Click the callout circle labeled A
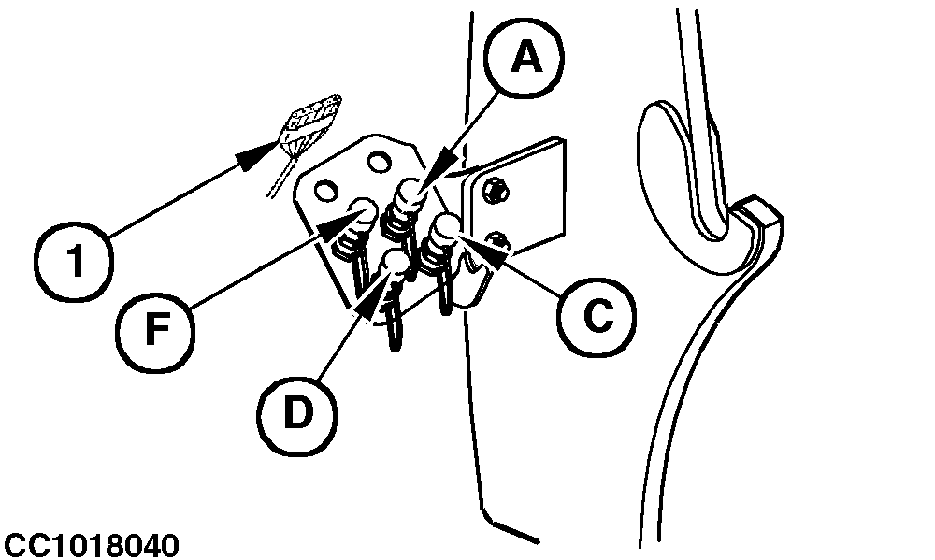tap(525, 60)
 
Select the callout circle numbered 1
tap(73, 261)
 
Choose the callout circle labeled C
tap(597, 315)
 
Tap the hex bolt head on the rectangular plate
tap(496, 191)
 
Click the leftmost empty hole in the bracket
tap(326, 192)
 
